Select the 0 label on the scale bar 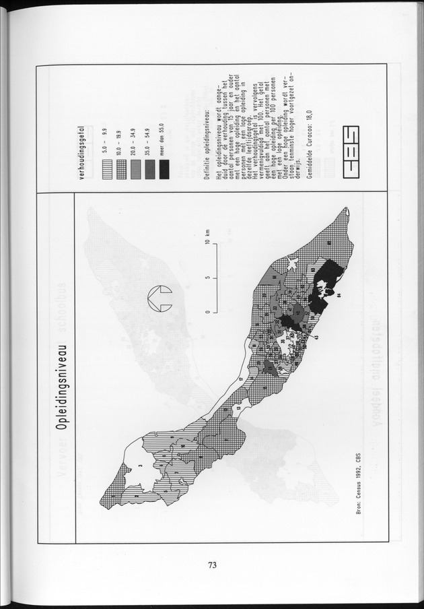(209, 311)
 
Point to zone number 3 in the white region (139, 464)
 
